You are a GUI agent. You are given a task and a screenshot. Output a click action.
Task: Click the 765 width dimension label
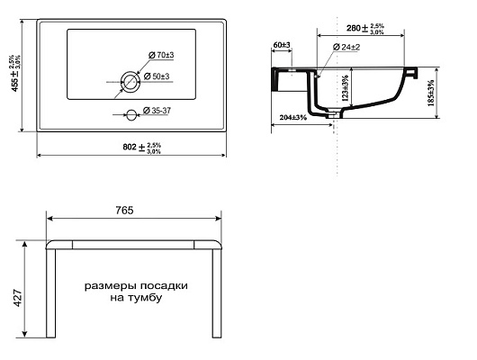(x=124, y=211)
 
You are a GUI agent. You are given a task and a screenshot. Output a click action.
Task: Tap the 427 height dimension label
(x=18, y=298)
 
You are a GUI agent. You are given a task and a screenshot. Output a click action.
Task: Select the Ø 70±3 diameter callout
(x=161, y=55)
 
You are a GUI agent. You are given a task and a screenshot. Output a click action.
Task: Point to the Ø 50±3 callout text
(x=157, y=76)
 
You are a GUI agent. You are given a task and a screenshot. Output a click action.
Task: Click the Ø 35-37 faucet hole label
(x=157, y=111)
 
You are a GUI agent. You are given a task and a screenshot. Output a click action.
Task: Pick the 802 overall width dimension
(x=142, y=148)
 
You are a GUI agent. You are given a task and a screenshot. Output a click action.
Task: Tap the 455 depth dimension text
(x=15, y=73)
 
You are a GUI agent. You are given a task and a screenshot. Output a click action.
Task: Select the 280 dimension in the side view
(x=365, y=28)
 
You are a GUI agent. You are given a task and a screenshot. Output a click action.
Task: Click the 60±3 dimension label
(x=282, y=45)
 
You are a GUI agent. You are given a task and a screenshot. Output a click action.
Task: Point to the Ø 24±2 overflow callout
(x=346, y=47)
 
